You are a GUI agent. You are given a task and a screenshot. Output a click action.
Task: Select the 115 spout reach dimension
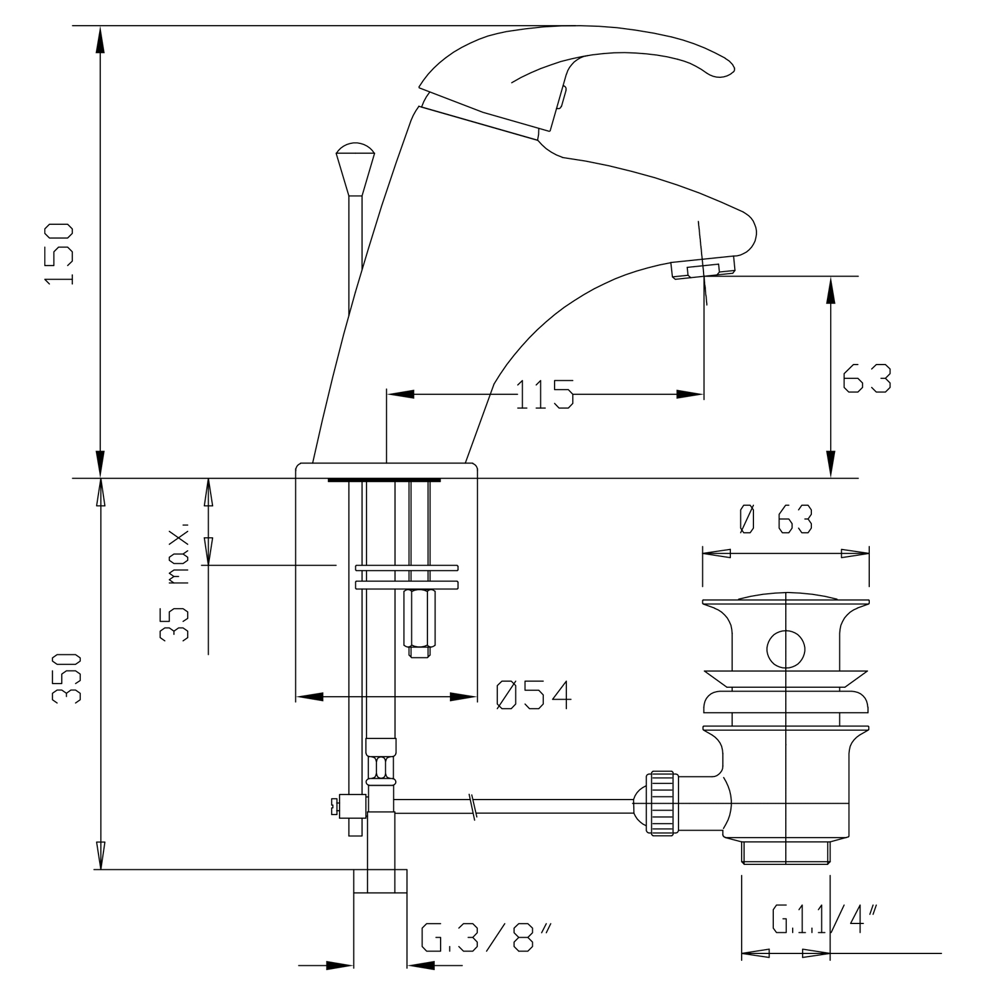[544, 394]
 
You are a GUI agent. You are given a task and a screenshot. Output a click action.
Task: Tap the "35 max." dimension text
[174, 580]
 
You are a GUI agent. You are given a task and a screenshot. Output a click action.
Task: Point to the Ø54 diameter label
[533, 695]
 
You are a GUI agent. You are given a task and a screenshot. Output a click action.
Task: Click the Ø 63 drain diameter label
[775, 519]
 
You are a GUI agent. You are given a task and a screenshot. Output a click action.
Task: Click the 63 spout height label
[867, 378]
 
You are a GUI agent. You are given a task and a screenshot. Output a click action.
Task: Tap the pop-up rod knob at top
[355, 168]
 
